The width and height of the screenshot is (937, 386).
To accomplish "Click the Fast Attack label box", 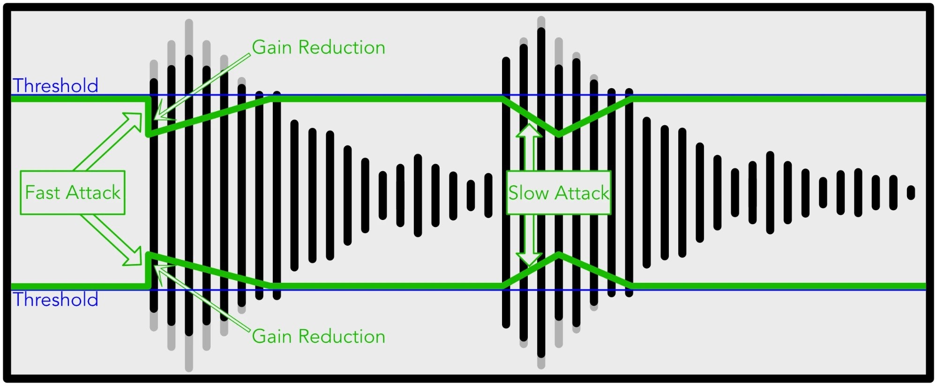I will point(73,193).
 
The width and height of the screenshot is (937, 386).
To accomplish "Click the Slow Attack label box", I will point(559,193).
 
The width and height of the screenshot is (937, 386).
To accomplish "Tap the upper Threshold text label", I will point(55,86).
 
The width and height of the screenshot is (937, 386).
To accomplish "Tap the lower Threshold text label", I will point(55,300).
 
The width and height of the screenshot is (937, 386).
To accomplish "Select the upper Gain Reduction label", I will point(318,47).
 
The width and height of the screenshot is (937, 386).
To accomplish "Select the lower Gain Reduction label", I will point(318,336).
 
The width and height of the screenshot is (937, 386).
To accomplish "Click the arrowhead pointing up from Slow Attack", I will point(529,130).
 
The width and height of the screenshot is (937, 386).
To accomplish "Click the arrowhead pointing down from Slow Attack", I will point(529,259).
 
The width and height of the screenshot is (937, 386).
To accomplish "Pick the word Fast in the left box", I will point(43,193).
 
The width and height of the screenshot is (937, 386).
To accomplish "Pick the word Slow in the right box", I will point(529,193).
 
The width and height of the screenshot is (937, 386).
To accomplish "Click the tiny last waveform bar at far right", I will point(911,193).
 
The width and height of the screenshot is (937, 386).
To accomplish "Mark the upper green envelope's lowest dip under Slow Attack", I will point(558,135).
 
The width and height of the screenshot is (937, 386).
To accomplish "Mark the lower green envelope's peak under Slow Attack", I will point(559,255).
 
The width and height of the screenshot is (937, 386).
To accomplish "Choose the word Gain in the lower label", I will point(272,336).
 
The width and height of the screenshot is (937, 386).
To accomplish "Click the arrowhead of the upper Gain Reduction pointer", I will point(159,113).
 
